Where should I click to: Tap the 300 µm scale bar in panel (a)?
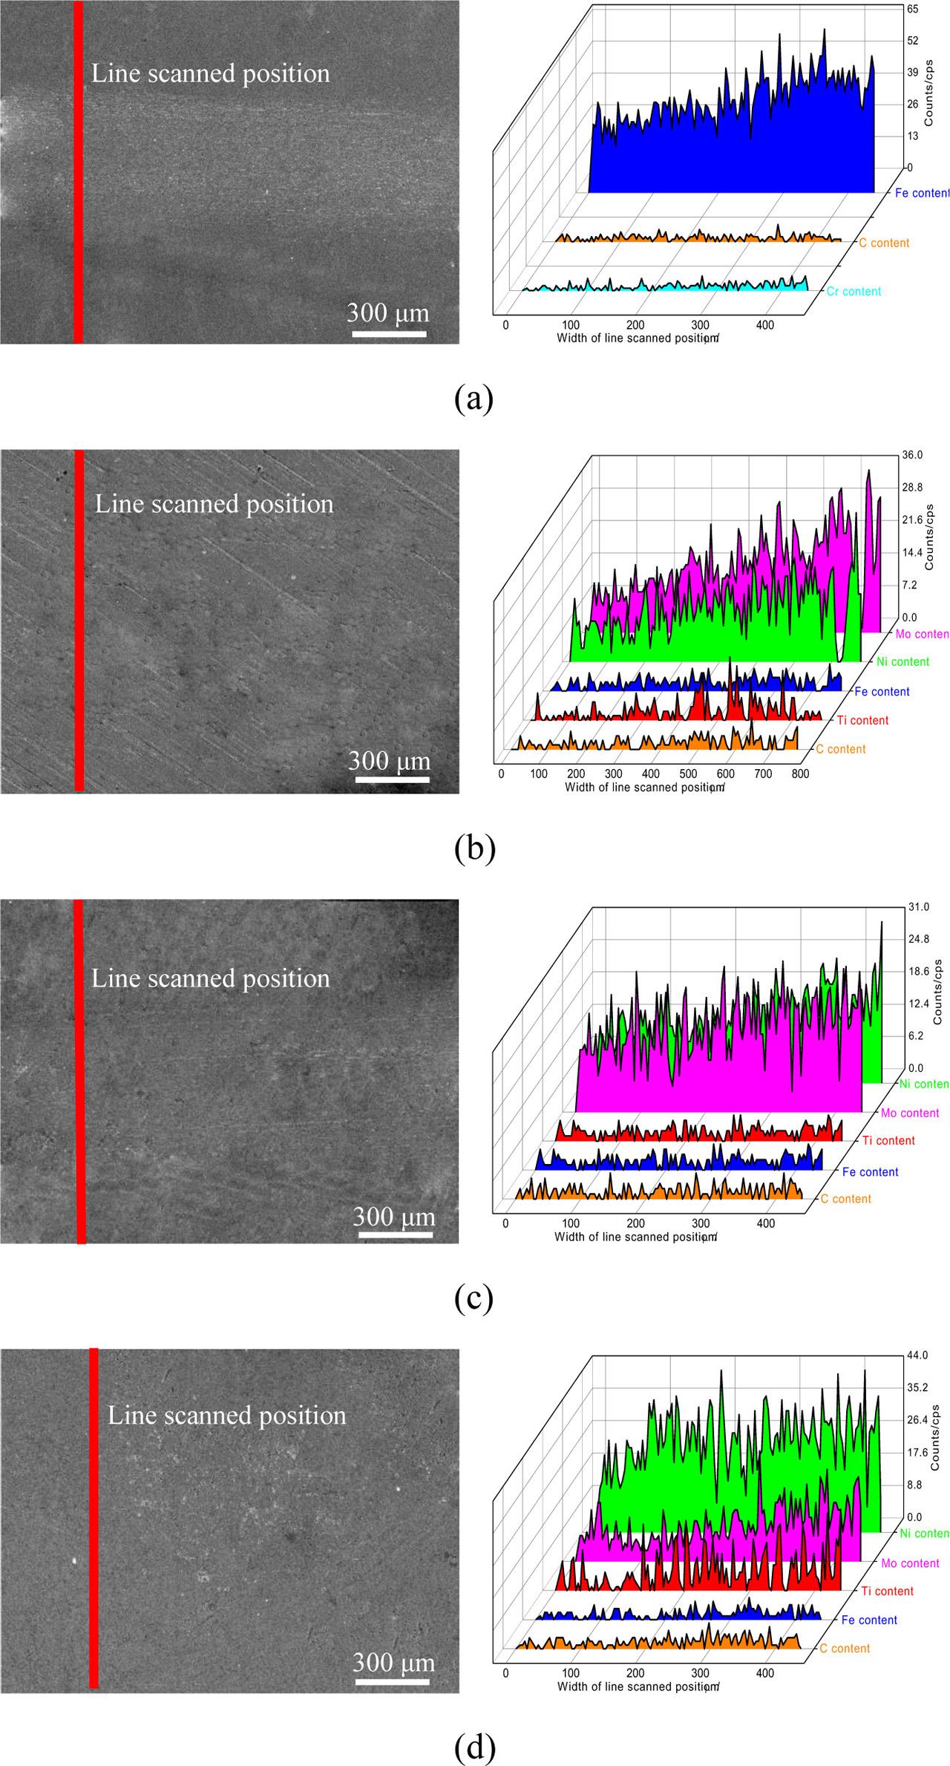[389, 334]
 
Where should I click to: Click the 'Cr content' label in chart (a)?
[854, 291]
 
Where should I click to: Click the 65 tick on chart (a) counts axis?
[912, 9]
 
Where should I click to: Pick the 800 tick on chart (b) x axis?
[799, 774]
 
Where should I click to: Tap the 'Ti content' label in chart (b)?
[862, 720]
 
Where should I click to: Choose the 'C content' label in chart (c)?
[845, 1199]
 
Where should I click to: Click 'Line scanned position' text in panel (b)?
[214, 504]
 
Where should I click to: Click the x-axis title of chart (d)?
[638, 1686]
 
